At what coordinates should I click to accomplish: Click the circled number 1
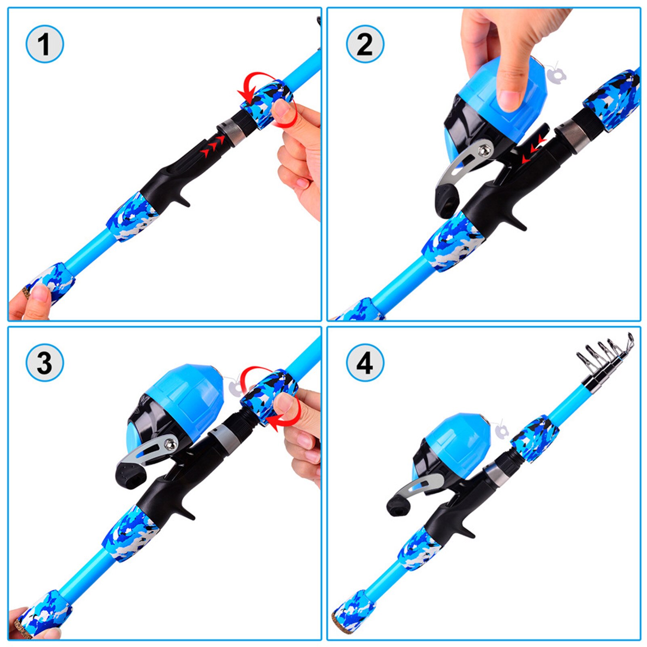pyautogui.click(x=44, y=44)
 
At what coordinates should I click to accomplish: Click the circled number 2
pyautogui.click(x=365, y=44)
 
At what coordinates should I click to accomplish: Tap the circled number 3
pyautogui.click(x=44, y=362)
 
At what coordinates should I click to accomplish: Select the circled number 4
pyautogui.click(x=365, y=362)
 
